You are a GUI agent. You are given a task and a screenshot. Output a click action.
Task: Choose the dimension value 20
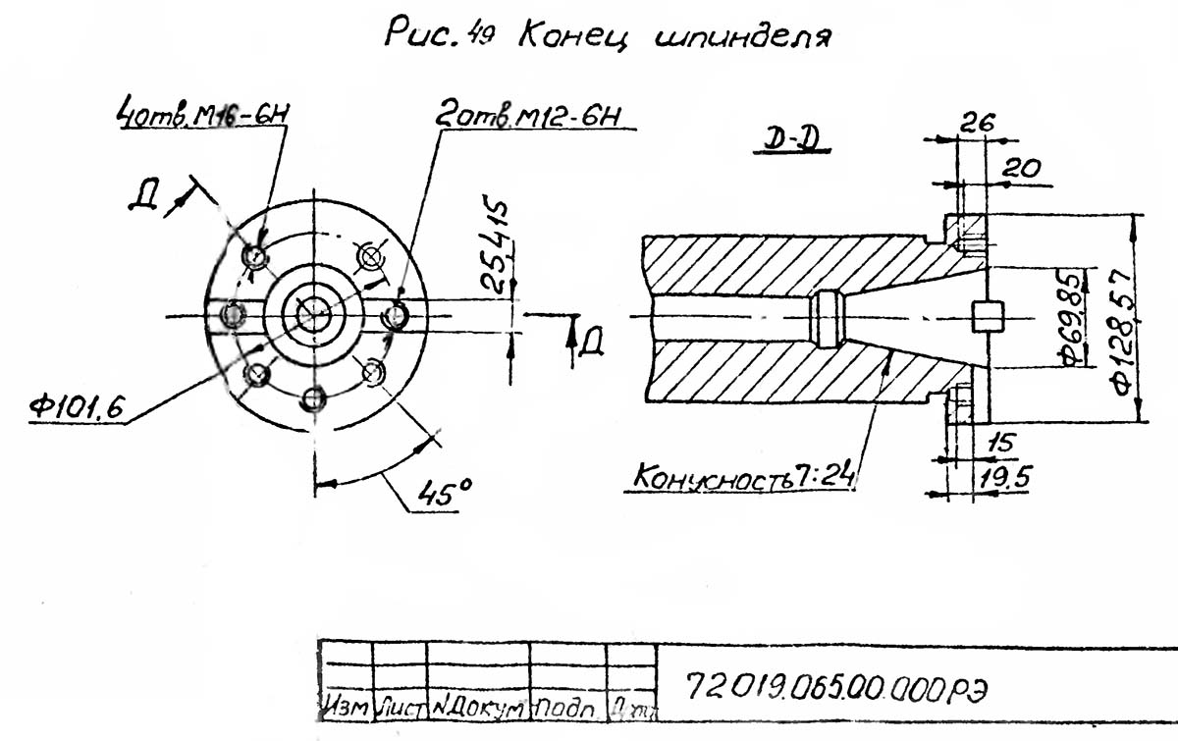point(1021,169)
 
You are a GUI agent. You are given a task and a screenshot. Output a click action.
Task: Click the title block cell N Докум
point(478,705)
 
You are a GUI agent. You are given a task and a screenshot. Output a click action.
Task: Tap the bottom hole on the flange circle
point(313,398)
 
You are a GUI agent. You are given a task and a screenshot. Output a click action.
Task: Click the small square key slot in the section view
point(987,317)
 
